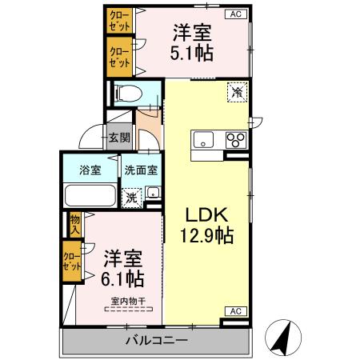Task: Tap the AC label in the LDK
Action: tap(236, 310)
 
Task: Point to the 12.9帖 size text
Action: tap(208, 237)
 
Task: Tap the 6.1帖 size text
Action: tap(123, 279)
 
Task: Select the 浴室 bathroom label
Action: tap(90, 170)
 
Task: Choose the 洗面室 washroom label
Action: tap(140, 170)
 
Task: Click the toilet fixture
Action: tap(129, 94)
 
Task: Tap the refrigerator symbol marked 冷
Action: tap(238, 92)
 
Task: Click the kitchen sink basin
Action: tap(204, 141)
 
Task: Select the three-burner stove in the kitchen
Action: tap(236, 141)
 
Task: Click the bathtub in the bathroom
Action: tap(90, 196)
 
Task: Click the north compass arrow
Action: tap(282, 337)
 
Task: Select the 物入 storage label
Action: tap(74, 223)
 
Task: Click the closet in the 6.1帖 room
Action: tap(72, 263)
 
